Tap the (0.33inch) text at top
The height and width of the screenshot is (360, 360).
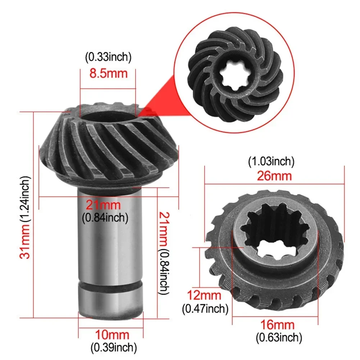(x=108, y=57)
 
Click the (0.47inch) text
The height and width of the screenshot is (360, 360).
(x=205, y=308)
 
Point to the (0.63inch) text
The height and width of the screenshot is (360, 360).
(x=278, y=338)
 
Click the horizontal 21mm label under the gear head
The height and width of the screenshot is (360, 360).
(x=103, y=205)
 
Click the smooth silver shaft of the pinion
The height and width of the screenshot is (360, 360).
(x=110, y=237)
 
